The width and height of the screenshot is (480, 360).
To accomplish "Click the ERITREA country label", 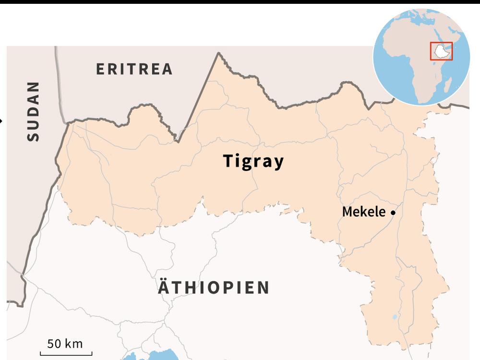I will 134,69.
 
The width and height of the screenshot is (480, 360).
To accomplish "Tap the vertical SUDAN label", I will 33,111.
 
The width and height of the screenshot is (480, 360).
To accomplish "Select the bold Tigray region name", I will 253,161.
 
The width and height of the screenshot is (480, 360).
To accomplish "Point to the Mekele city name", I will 363,212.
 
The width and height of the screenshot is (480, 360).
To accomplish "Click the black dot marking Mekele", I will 393,212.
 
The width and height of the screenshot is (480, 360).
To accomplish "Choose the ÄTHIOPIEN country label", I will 214,288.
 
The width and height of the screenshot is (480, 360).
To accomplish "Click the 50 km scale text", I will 65,344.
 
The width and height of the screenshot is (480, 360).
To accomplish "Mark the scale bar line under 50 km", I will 69,354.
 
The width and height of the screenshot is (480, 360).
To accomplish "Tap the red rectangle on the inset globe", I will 441,51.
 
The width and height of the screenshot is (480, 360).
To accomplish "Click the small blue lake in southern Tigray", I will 394,317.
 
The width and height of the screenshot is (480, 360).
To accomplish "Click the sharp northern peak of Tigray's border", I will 219,53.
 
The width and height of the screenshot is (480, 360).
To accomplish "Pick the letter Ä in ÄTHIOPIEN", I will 164,287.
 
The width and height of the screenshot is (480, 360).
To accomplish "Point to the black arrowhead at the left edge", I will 1,120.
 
